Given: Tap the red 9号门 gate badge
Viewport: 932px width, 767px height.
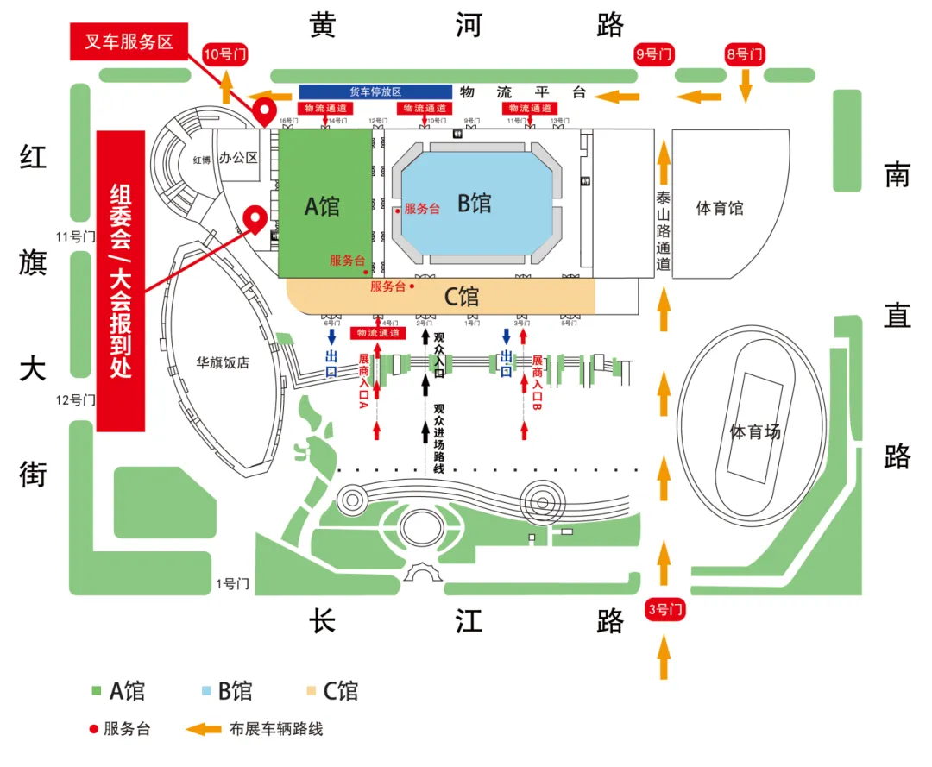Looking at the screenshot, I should (x=653, y=54).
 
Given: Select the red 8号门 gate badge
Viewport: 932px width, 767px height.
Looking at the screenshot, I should (x=746, y=54).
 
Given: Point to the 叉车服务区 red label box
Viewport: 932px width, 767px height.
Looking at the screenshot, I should (x=129, y=41).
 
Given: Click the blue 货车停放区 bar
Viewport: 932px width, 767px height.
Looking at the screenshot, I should (x=375, y=91).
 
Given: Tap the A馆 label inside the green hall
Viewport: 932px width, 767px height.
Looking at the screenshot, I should (x=323, y=206).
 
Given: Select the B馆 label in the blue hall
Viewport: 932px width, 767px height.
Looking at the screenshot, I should (x=475, y=204).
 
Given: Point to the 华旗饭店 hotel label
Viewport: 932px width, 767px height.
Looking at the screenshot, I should (x=221, y=363).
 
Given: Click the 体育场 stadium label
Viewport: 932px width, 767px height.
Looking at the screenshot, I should (x=754, y=431).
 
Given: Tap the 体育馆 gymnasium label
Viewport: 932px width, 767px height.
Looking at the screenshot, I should (x=720, y=208).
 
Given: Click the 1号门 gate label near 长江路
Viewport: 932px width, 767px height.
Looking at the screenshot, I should (x=232, y=584).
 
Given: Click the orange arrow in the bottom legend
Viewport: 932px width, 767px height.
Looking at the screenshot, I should (x=203, y=729).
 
